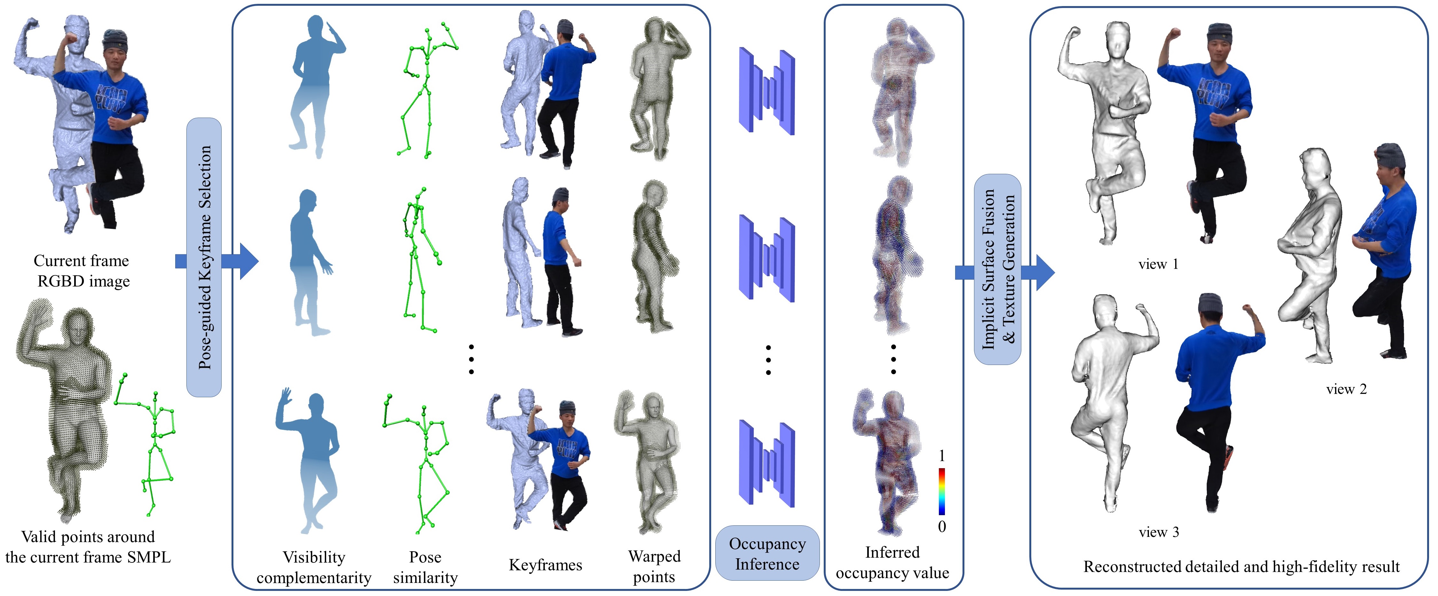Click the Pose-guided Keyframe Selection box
click(x=204, y=257)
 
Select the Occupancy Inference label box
click(x=767, y=553)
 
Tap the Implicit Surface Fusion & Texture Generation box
click(x=998, y=269)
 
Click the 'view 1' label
click(x=1158, y=264)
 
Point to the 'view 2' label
click(x=1347, y=389)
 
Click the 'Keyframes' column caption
click(x=546, y=565)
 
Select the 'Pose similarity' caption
click(x=425, y=567)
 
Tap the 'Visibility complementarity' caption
click(x=314, y=567)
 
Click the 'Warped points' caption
click(x=654, y=566)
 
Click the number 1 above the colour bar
click(x=942, y=456)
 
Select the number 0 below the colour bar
click(x=942, y=526)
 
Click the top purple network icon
click(x=766, y=91)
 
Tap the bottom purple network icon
click(x=766, y=463)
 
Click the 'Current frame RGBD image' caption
click(x=82, y=271)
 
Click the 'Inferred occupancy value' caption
click(x=892, y=562)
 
